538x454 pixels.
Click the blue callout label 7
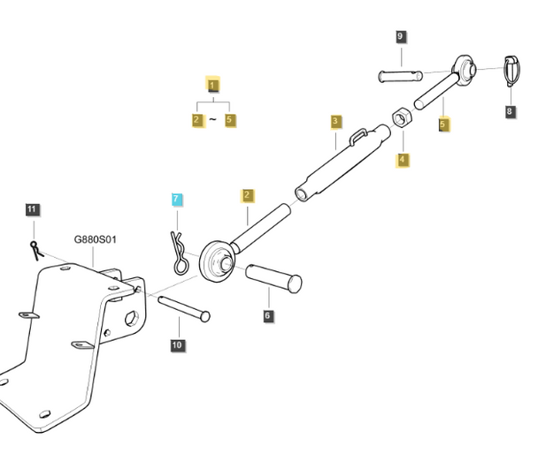pyautogui.click(x=177, y=200)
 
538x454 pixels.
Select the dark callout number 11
pyautogui.click(x=33, y=209)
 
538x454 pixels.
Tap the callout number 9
pyautogui.click(x=400, y=36)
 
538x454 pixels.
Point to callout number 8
pyautogui.click(x=511, y=111)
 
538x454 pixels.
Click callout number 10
pyautogui.click(x=177, y=344)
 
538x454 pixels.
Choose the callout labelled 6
pyautogui.click(x=268, y=315)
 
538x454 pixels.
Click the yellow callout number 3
pyautogui.click(x=336, y=122)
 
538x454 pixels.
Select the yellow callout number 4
pyautogui.click(x=403, y=160)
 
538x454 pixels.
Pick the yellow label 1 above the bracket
pyautogui.click(x=212, y=85)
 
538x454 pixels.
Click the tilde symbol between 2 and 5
pyautogui.click(x=212, y=119)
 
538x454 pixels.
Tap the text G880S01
pyautogui.click(x=95, y=239)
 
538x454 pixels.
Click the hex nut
pyautogui.click(x=402, y=118)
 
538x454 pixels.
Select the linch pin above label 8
pyautogui.click(x=511, y=71)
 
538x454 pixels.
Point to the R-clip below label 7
pyautogui.click(x=180, y=253)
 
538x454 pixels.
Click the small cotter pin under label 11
pyautogui.click(x=36, y=251)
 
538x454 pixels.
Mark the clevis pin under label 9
pyautogui.click(x=401, y=76)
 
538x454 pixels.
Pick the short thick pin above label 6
pyautogui.click(x=273, y=278)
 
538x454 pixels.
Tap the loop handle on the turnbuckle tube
pyautogui.click(x=358, y=136)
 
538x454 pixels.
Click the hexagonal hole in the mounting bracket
pyautogui.click(x=132, y=318)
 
